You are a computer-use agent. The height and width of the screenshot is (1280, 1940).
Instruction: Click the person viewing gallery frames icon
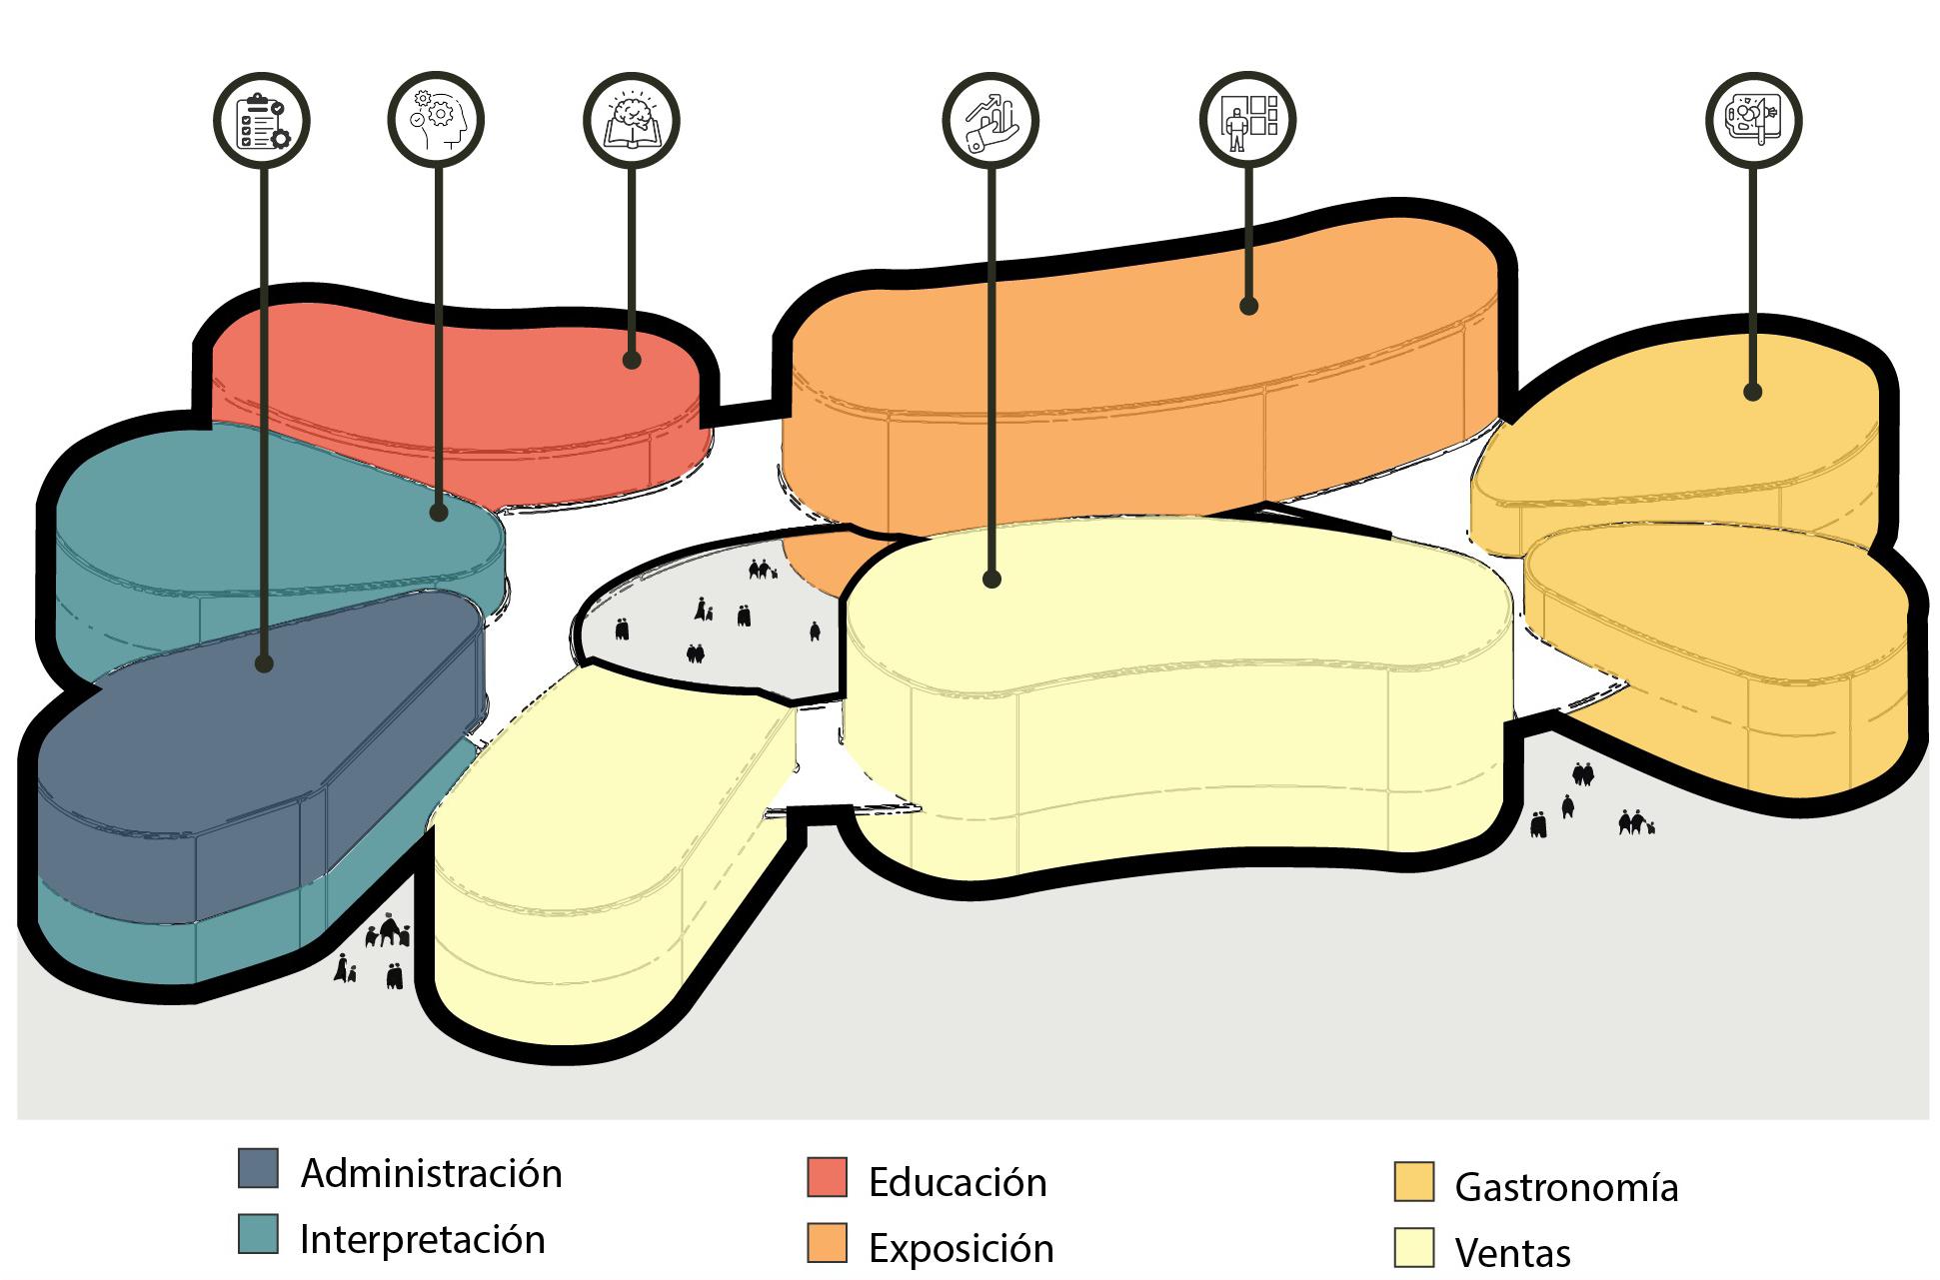point(1247,118)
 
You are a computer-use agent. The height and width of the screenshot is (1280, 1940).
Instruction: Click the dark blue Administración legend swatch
point(258,1168)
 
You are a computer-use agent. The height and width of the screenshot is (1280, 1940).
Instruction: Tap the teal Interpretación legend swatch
point(258,1234)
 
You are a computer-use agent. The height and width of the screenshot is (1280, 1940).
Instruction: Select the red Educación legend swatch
point(827,1177)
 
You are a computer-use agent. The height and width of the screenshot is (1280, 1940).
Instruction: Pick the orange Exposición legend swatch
point(827,1243)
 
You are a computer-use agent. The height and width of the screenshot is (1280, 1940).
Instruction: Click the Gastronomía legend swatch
point(1413,1182)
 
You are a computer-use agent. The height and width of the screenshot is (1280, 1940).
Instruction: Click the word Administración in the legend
point(431,1173)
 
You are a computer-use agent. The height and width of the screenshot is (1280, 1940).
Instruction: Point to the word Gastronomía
point(1565,1187)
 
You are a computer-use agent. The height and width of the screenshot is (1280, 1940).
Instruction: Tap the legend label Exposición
point(961,1249)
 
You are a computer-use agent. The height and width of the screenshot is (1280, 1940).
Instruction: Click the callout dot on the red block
point(631,360)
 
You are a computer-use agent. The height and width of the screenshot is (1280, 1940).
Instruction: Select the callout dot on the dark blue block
point(263,663)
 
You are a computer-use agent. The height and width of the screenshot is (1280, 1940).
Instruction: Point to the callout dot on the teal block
point(438,513)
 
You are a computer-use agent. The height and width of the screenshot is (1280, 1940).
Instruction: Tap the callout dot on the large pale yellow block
point(990,579)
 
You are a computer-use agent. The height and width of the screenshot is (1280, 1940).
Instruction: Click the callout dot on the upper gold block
point(1752,392)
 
